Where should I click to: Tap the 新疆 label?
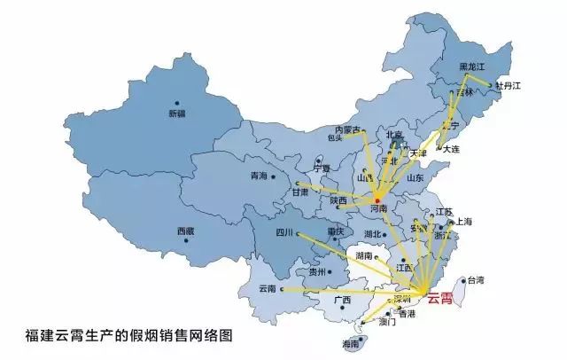[177, 113]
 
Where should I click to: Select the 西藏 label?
[185, 231]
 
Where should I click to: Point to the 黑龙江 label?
[472, 67]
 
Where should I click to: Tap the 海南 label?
[349, 342]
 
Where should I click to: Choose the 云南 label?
[268, 289]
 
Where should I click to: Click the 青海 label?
[259, 176]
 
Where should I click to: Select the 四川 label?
[283, 235]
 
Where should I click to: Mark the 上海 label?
[464, 222]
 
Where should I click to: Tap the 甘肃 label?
[301, 192]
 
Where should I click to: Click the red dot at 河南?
[377, 201]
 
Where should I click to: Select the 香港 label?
[407, 314]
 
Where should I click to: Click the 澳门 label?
[386, 323]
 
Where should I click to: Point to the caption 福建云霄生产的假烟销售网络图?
[128, 336]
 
